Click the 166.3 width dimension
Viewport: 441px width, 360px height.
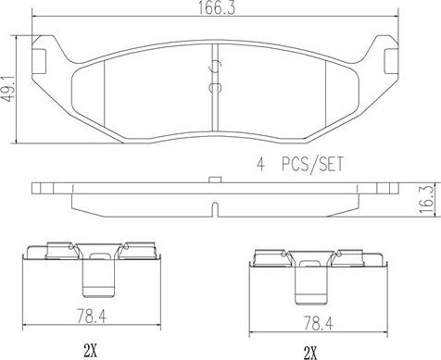[216, 7]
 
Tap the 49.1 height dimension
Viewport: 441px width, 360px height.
[8, 88]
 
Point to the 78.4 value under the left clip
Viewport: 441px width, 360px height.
[91, 316]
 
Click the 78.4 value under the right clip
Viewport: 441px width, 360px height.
[318, 324]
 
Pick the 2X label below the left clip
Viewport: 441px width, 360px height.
[90, 350]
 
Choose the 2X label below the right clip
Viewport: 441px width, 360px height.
[310, 352]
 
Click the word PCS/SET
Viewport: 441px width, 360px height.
[312, 164]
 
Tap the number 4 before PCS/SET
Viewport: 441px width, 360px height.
[261, 164]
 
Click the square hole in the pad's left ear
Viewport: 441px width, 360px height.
[39, 62]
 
